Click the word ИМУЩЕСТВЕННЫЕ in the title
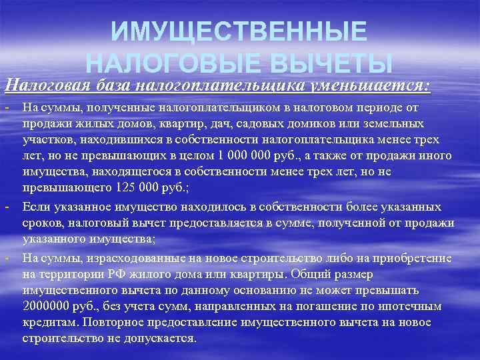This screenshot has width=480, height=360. (x=239, y=31)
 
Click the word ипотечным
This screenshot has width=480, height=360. (x=413, y=307)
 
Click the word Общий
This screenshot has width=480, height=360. (x=323, y=273)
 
